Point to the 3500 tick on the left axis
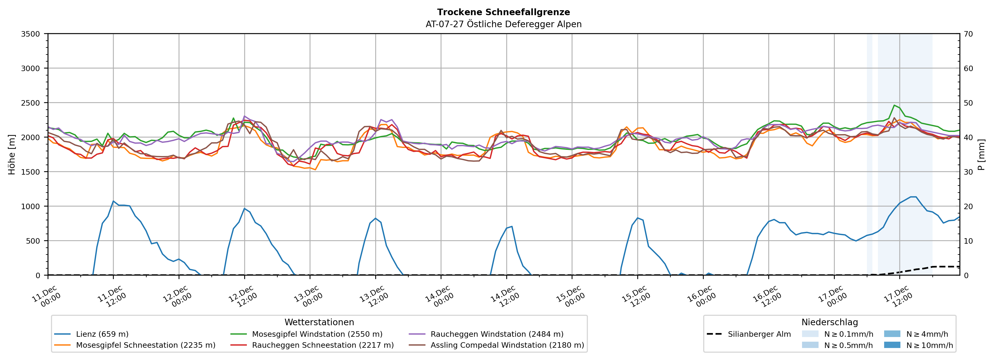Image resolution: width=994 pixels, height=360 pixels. [x=30, y=34]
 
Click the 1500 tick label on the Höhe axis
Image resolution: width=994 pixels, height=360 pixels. [x=30, y=172]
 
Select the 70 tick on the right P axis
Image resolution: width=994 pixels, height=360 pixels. [x=969, y=34]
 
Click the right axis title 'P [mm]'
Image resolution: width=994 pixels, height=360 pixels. [x=981, y=154]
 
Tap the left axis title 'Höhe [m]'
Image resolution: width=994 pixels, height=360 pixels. [x=12, y=154]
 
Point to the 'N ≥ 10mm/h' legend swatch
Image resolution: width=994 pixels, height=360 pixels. [x=892, y=345]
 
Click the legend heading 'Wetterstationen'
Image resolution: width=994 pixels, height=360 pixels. [x=319, y=322]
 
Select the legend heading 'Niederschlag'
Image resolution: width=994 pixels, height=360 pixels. [x=830, y=322]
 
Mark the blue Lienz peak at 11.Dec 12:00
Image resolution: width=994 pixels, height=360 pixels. [x=113, y=201]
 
